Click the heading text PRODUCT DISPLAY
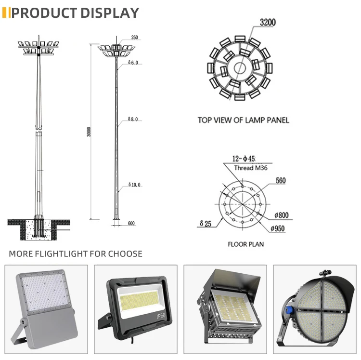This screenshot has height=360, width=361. point(75,13)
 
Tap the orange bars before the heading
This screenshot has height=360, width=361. point(6,13)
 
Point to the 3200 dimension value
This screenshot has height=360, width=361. point(268,23)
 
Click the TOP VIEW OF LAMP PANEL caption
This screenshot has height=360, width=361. point(243,120)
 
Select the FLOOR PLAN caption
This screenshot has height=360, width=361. point(245,244)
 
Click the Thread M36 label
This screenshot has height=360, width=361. point(250,168)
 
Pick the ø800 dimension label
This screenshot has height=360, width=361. point(282,215)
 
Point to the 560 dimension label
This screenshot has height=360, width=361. point(281,181)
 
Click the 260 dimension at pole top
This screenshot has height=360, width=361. point(134,38)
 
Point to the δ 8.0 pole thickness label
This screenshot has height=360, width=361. point(133,119)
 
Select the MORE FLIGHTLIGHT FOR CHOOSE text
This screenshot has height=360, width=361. point(76,253)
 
